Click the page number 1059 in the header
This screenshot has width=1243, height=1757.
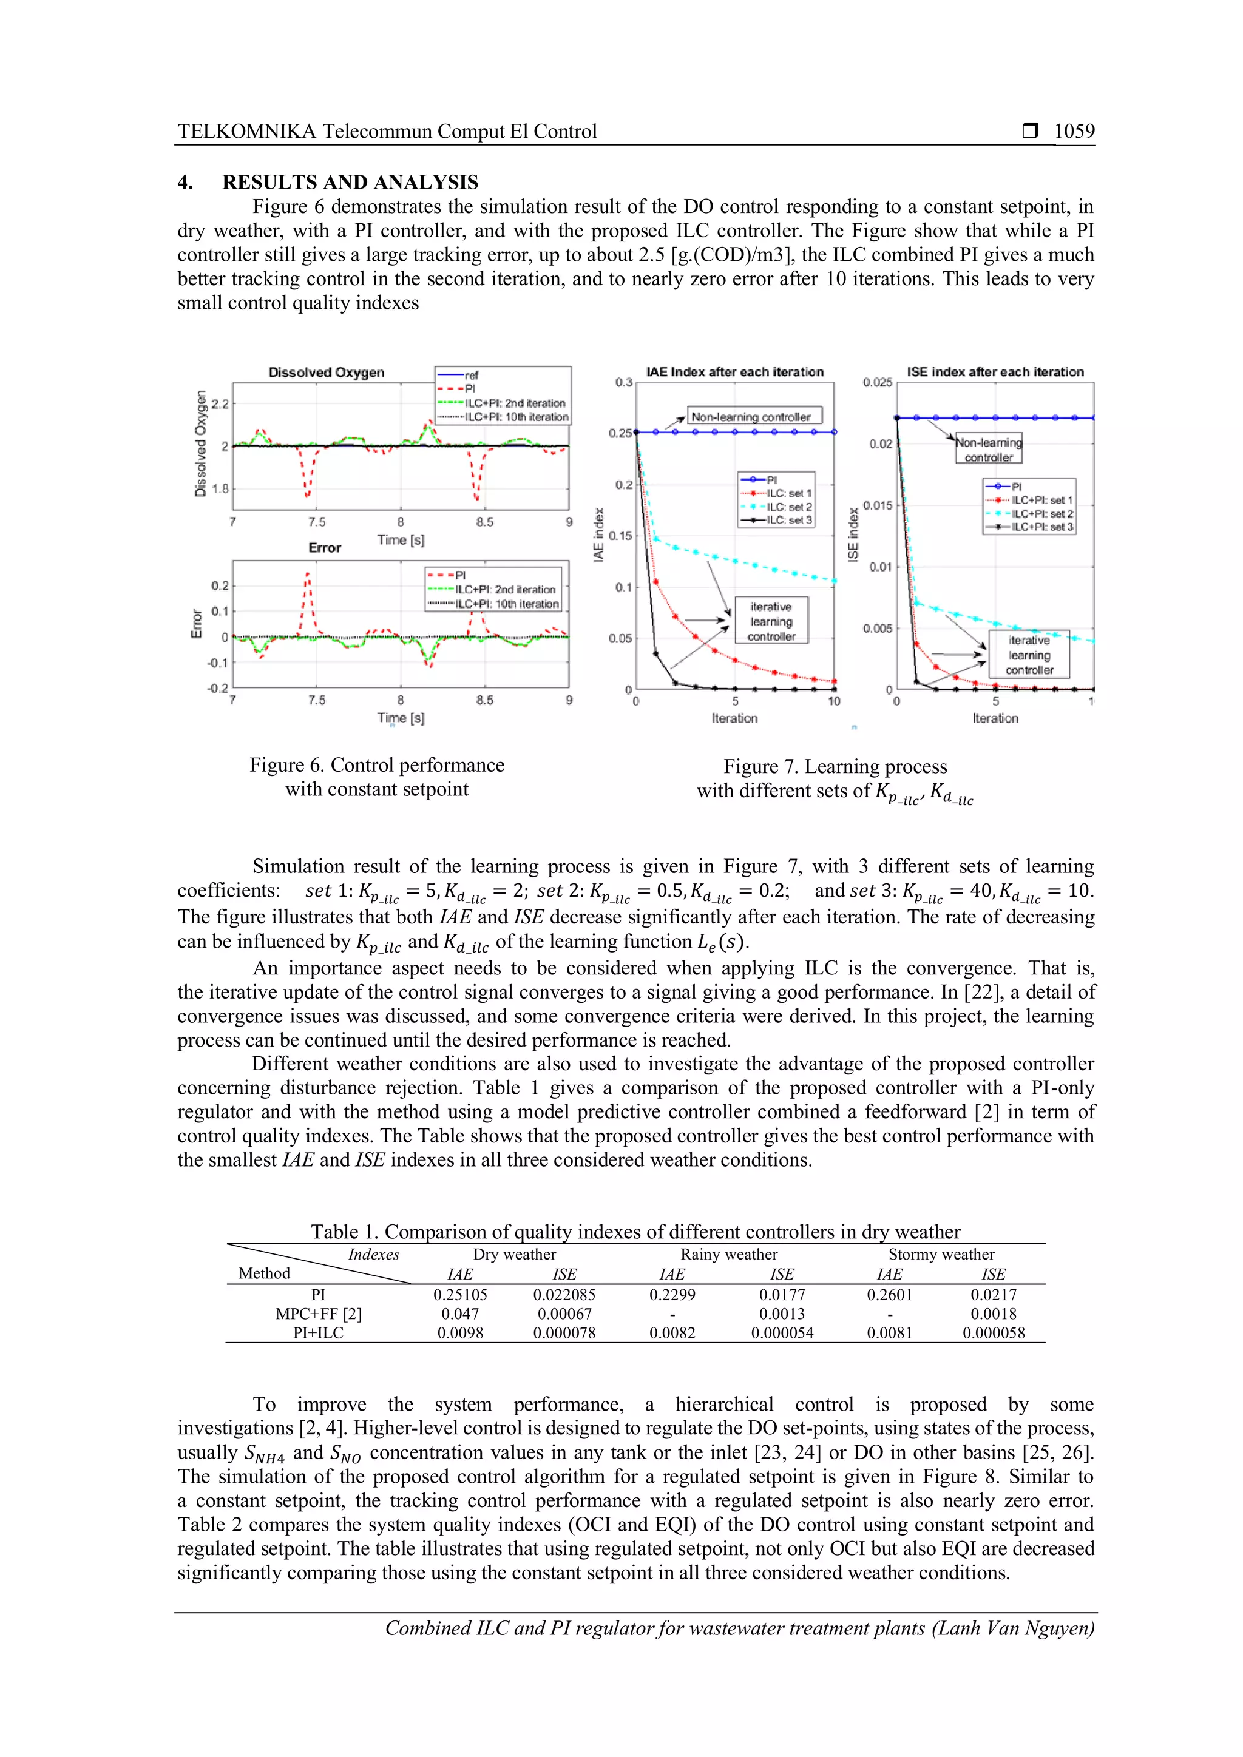(1074, 132)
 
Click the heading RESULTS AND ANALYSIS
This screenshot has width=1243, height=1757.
(350, 182)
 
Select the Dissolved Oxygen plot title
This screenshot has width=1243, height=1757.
(326, 373)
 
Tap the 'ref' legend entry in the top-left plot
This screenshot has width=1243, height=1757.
(472, 375)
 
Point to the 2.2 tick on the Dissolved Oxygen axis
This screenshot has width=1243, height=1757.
(220, 404)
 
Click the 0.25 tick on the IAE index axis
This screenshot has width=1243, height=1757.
(620, 433)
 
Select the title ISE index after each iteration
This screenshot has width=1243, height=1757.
(995, 372)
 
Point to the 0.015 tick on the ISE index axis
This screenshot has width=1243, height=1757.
(877, 505)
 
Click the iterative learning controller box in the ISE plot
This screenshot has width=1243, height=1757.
(1029, 655)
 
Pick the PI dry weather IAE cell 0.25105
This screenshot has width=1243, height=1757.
(460, 1295)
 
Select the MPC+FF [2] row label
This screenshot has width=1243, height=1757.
(319, 1314)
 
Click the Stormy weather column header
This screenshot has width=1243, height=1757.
(941, 1254)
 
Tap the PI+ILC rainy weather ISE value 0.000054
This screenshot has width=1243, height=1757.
(782, 1333)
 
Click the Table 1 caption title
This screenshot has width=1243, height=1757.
(635, 1231)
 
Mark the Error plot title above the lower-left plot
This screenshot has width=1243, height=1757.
(325, 548)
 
